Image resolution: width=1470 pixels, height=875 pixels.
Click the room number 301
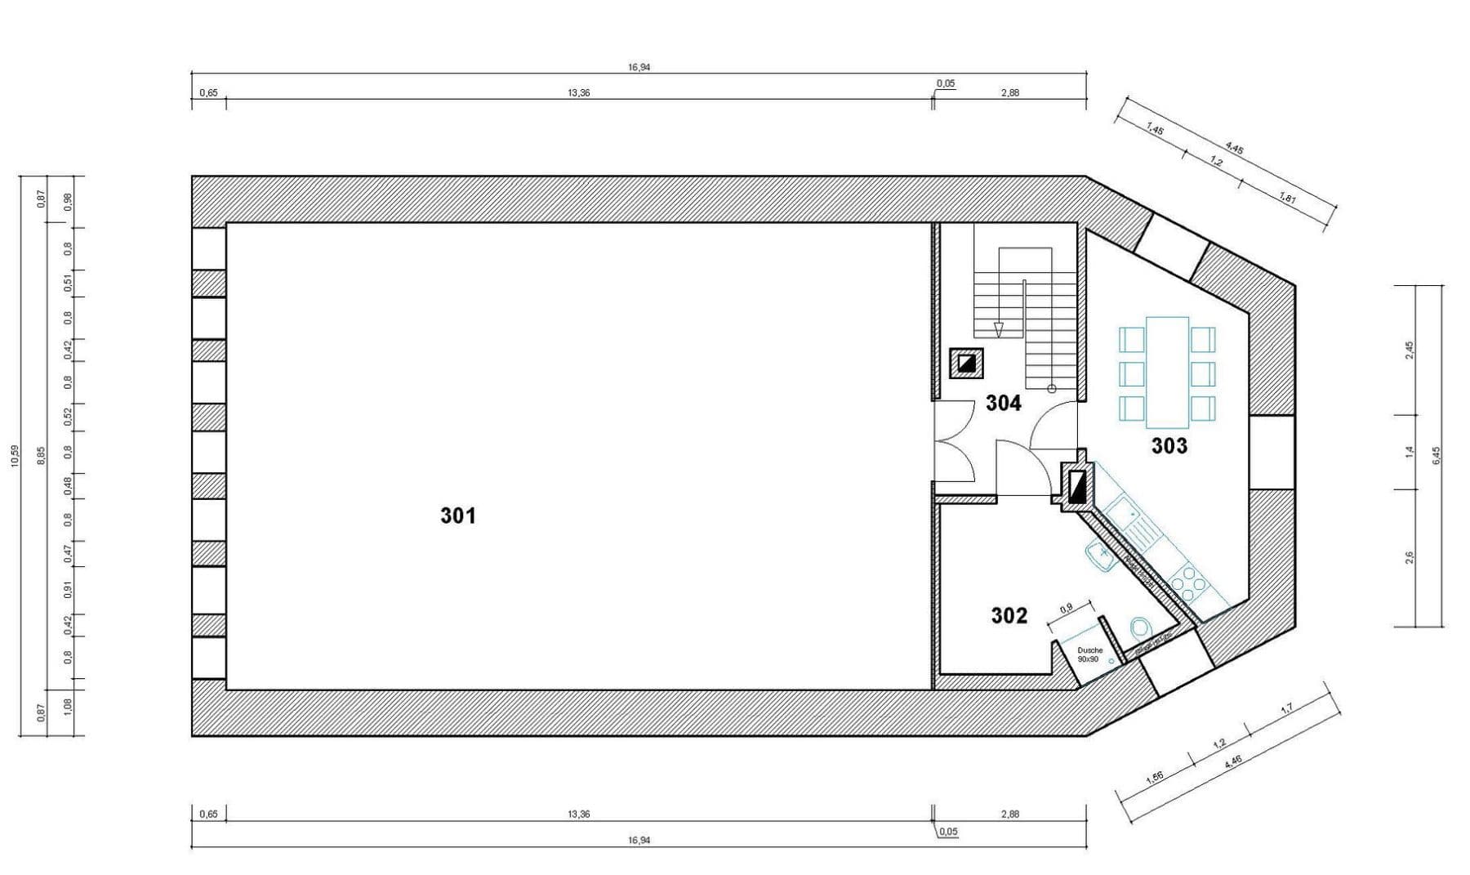pos(457,516)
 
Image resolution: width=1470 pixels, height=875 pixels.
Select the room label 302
pos(1009,615)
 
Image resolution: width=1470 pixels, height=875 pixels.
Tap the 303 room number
pos(1169,446)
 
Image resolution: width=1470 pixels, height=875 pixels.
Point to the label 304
pos(1003,403)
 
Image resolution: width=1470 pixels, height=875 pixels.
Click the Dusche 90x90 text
pos(1089,654)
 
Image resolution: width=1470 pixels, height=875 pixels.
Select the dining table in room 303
pos(1167,373)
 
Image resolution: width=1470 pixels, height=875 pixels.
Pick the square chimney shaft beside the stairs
pos(966,363)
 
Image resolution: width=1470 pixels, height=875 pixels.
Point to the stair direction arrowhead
pos(998,329)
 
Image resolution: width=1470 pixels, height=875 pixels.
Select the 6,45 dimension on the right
pos(1437,455)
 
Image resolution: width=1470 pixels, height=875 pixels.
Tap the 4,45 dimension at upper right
pos(1234,150)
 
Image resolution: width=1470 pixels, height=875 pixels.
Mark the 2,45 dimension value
pos(1409,350)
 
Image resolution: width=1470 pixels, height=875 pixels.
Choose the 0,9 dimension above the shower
pos(1066,609)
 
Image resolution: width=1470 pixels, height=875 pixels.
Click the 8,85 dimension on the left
pos(42,456)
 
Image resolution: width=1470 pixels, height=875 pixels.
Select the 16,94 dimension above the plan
pos(639,68)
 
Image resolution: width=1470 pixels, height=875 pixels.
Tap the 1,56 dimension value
pos(1155,776)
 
